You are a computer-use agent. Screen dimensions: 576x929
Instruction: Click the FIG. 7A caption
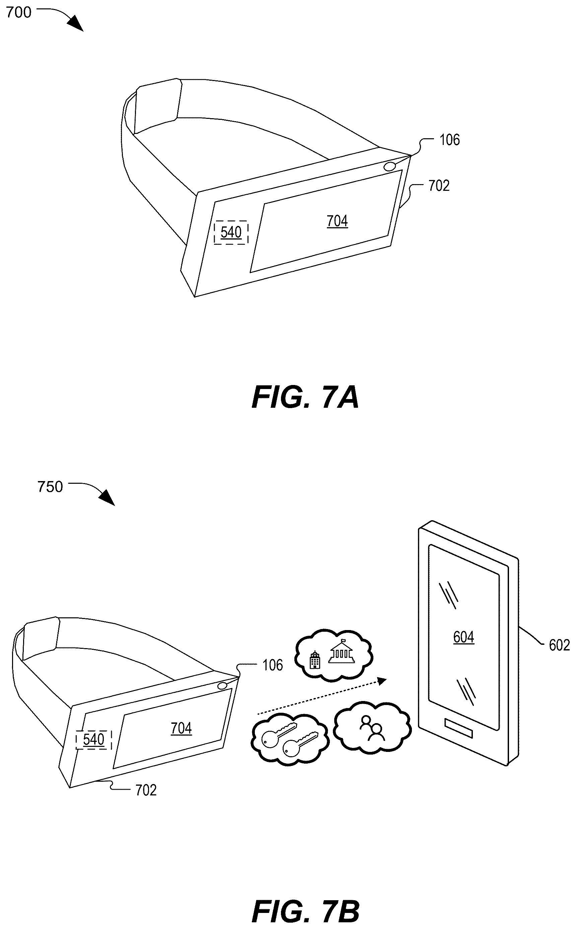point(305,398)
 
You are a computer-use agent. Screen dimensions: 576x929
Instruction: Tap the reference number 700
point(19,13)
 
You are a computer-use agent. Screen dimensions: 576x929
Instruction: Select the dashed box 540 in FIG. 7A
point(231,232)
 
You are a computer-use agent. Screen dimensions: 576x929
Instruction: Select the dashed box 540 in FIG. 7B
point(93,740)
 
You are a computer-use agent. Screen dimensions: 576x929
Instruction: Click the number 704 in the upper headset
point(338,221)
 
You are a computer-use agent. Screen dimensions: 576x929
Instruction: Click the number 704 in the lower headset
point(181,728)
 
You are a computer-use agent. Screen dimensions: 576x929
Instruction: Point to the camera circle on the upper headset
point(390,166)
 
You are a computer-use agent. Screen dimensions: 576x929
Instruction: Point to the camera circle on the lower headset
point(222,686)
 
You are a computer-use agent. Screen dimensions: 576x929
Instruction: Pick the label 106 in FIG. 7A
point(449,140)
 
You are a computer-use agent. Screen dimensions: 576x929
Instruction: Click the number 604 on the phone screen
point(463,637)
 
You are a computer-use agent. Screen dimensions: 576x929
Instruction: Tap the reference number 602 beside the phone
point(559,645)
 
